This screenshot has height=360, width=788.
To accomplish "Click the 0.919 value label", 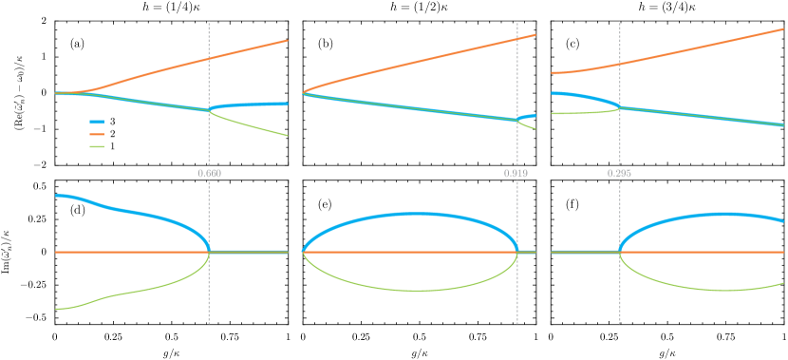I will (516, 174).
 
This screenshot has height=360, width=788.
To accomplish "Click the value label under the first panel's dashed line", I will (209, 174).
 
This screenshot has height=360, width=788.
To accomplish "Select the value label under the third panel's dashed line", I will (619, 174).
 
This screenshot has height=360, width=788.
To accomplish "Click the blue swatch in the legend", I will (96, 122).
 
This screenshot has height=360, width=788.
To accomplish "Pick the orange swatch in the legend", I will (96, 134).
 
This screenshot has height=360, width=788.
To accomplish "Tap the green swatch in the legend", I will (96, 146).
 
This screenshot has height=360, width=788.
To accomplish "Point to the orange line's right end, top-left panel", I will (287, 41).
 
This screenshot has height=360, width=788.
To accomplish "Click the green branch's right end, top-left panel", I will (287, 135).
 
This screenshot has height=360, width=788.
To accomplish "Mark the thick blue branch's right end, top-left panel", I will (287, 104).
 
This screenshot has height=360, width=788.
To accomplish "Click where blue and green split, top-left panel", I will (209, 109).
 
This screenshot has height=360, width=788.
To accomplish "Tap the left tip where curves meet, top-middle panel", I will (304, 93).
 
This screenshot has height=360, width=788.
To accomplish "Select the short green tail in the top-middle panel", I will (528, 124).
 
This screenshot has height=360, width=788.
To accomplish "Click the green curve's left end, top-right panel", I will (553, 114).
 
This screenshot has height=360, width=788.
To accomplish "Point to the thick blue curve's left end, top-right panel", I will (553, 93).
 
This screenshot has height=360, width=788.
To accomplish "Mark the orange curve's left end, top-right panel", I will (553, 72).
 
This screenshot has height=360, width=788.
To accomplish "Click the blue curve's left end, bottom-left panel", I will (56, 196).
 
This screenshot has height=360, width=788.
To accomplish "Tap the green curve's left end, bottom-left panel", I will (56, 309).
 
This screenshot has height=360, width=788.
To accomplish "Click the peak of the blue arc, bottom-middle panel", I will (415, 214).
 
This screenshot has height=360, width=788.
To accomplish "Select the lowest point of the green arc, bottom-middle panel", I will (415, 290).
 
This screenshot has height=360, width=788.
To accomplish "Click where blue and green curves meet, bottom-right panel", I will (620, 252).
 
